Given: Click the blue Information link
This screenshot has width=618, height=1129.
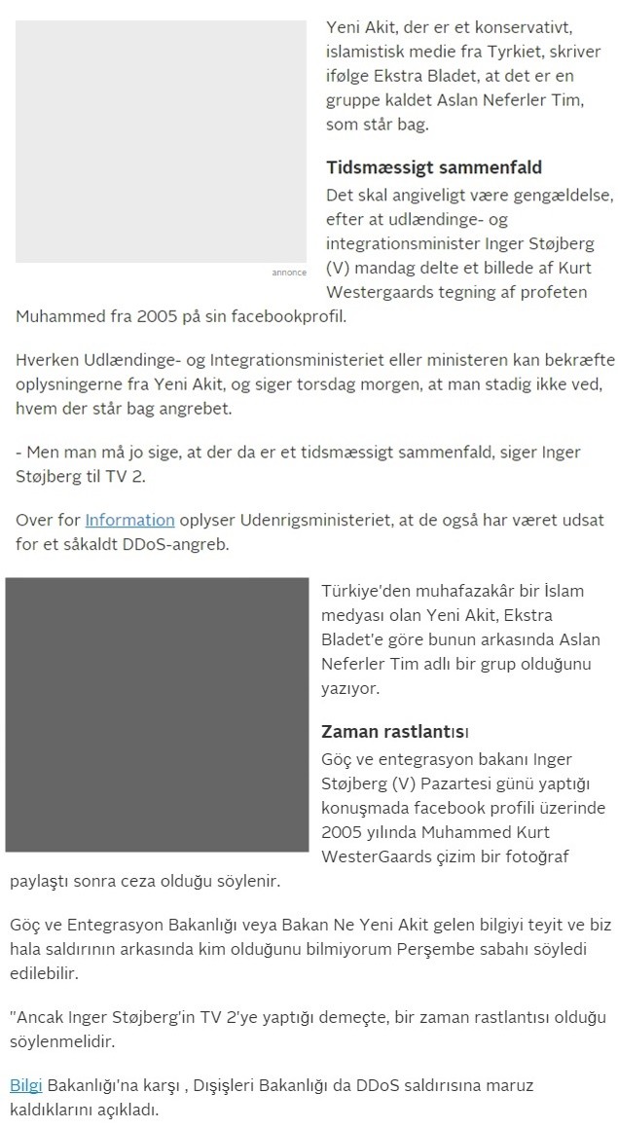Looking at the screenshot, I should point(129,520).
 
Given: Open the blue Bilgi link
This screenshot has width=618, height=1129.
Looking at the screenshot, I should point(26,1085).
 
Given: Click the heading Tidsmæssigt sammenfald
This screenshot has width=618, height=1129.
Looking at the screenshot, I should point(433,167).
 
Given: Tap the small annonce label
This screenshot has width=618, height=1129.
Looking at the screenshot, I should point(289,273).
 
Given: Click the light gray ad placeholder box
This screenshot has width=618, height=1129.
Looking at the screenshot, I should point(161,141).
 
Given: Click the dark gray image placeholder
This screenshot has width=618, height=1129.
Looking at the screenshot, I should point(156,714).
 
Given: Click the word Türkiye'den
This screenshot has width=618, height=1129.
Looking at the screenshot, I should point(365,591).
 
